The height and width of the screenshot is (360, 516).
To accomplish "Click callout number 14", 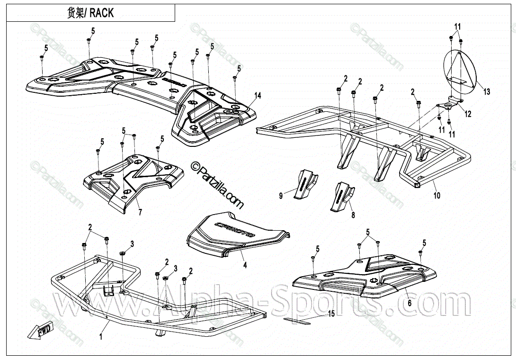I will (x=257, y=96).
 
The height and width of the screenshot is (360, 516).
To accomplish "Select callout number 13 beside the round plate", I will (x=487, y=92).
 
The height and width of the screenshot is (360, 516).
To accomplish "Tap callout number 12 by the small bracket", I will (x=468, y=114).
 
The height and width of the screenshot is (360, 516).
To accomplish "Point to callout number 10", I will (x=436, y=195).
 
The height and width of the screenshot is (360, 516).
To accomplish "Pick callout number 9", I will (x=281, y=195).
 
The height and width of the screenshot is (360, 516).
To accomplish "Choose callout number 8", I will (x=352, y=215).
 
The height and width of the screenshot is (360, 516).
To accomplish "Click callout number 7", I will (x=140, y=212).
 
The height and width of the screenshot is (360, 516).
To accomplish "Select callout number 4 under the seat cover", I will (x=245, y=265).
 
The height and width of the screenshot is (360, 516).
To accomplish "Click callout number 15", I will (x=331, y=314).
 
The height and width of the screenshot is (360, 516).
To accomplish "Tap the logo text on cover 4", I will (x=235, y=229).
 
